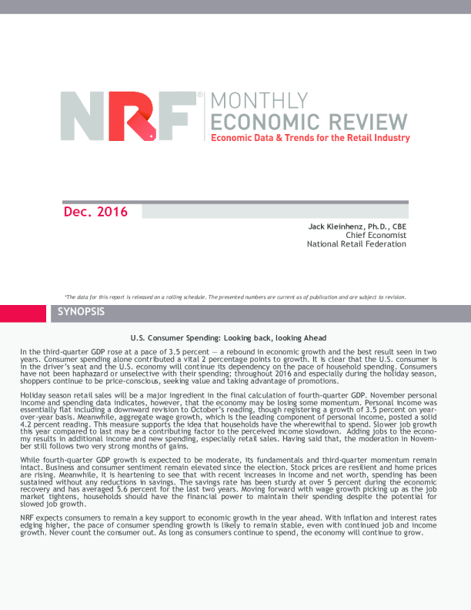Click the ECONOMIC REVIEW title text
pos(309,122)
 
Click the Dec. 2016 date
pos(95,212)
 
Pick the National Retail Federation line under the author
pos(356,244)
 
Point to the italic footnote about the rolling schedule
pos(235,297)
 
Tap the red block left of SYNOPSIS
pos(23,313)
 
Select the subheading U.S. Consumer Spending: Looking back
pos(229,338)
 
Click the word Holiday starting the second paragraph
pos(32,394)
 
